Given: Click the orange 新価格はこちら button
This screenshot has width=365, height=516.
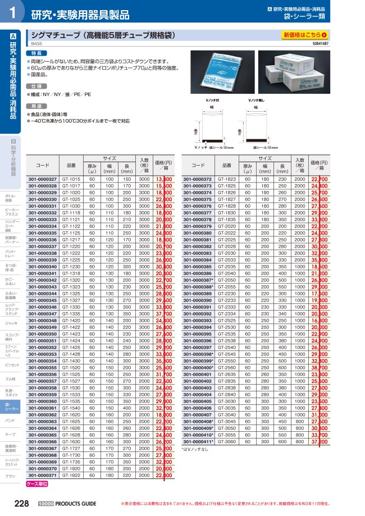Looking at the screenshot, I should click(305, 35).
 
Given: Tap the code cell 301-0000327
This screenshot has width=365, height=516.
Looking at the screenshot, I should click(43, 179).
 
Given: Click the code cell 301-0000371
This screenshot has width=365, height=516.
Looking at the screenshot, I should click(43, 474).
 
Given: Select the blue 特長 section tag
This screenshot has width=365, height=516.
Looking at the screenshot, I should click(36, 53).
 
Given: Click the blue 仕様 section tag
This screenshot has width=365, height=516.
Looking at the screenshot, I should click(36, 86).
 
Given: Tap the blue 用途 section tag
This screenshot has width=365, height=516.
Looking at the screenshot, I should click(36, 106).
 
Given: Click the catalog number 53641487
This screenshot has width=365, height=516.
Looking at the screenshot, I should click(320, 43).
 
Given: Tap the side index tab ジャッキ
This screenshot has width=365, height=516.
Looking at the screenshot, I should click(12, 323).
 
